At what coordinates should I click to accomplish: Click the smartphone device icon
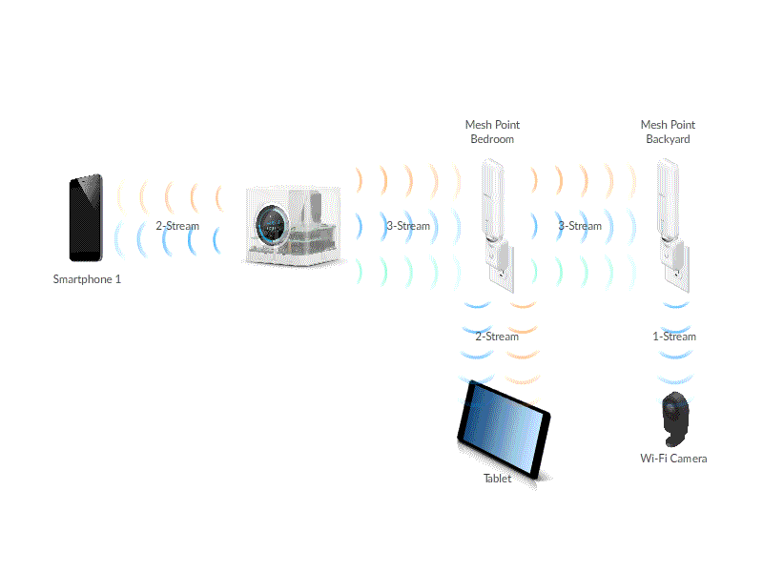(85, 218)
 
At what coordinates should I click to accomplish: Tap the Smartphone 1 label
(87, 280)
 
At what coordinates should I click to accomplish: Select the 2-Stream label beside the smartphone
(177, 226)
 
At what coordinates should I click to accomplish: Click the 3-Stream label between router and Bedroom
(408, 226)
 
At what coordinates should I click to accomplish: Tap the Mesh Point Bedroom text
(492, 132)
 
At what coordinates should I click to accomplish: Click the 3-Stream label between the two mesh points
(580, 226)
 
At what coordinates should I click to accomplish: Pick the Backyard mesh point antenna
(668, 200)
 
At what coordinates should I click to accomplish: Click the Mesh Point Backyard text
(668, 132)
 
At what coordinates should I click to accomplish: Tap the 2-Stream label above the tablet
(497, 337)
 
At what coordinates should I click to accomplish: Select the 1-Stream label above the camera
(674, 337)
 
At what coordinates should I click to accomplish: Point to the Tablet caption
(497, 479)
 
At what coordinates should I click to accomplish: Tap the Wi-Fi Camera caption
(673, 459)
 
